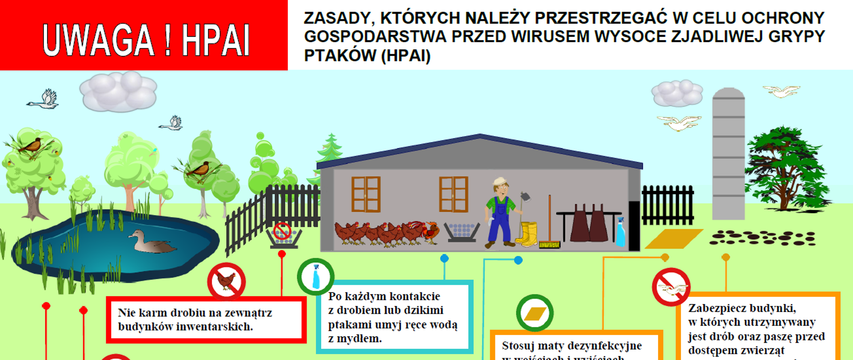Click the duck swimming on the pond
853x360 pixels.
[151, 242]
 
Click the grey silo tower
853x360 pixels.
[728, 153]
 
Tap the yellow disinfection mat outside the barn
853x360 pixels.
[674, 239]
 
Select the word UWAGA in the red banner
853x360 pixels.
[98, 40]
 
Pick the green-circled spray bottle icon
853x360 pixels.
[315, 276]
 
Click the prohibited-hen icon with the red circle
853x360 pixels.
[226, 281]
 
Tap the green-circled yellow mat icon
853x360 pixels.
[535, 313]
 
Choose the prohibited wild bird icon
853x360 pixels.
[671, 287]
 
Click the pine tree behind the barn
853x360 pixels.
[330, 149]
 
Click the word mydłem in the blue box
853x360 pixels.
[355, 339]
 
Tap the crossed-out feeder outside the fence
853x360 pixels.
[283, 234]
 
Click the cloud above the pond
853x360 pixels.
[118, 91]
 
